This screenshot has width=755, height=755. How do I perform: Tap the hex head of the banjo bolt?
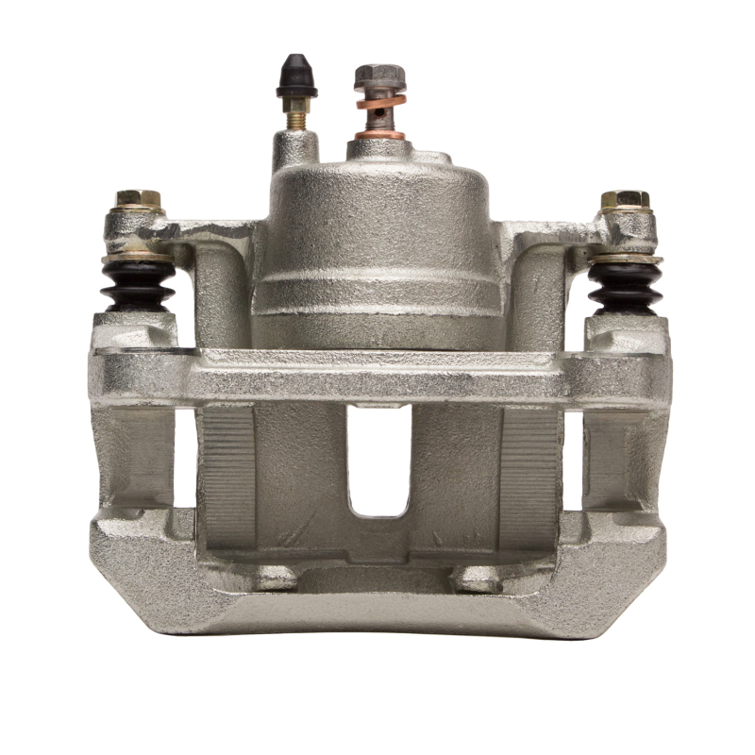pyautogui.click(x=380, y=75)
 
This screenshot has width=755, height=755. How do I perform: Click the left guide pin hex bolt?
pyautogui.click(x=139, y=200)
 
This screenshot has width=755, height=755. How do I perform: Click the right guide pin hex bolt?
pyautogui.click(x=625, y=200)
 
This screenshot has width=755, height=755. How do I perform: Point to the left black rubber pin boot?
pyautogui.click(x=138, y=284)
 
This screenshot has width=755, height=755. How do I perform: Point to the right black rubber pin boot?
pyautogui.click(x=625, y=284)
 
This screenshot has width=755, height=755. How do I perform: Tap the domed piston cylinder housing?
pyautogui.click(x=377, y=217)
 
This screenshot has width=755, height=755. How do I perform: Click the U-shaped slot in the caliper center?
pyautogui.click(x=378, y=462)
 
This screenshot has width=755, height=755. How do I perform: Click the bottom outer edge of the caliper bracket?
pyautogui.click(x=377, y=618)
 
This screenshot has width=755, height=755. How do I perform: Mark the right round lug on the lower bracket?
pyautogui.click(x=477, y=578)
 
